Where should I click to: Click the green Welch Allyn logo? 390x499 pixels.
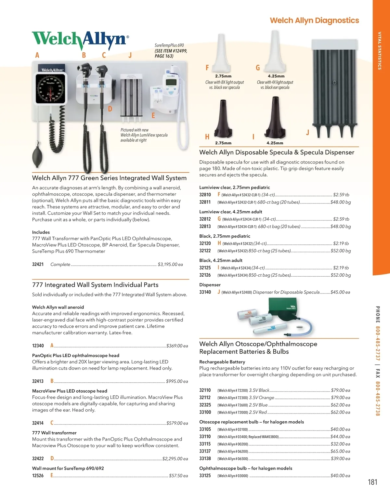[x=80, y=40]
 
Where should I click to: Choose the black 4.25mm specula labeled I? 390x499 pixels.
[x=275, y=119]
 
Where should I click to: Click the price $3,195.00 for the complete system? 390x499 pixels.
[x=170, y=265]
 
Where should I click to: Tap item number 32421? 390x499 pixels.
[x=38, y=264]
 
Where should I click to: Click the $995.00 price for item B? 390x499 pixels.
[x=177, y=381]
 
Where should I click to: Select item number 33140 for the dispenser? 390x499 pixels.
[x=205, y=292]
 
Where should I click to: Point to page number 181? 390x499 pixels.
[x=372, y=482]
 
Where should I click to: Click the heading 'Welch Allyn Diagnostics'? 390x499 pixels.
[x=314, y=20]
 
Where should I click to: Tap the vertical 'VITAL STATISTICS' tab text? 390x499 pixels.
[x=379, y=51]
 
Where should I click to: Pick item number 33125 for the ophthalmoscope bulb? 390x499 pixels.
[x=205, y=476]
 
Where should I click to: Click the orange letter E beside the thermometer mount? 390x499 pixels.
[x=153, y=115]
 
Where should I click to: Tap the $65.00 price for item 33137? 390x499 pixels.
[x=340, y=451]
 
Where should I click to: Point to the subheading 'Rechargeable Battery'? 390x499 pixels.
[x=222, y=362]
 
